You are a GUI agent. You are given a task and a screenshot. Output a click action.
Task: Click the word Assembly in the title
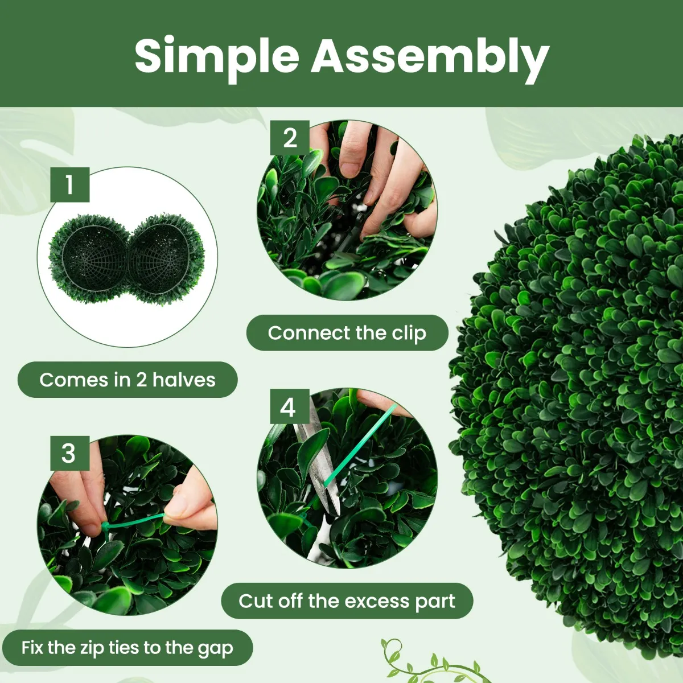coord(430,59)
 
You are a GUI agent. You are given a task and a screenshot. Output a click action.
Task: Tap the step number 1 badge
coord(69,184)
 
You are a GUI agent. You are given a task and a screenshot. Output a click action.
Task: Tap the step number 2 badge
coord(290,138)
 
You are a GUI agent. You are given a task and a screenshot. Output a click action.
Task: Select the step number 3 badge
coord(69,453)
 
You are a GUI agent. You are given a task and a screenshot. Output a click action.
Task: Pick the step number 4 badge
coord(290,406)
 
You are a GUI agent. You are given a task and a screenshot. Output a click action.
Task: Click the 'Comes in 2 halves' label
coord(127,380)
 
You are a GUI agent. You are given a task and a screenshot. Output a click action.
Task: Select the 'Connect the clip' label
coord(347,333)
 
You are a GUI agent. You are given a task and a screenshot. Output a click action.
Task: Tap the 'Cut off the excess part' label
coord(347,601)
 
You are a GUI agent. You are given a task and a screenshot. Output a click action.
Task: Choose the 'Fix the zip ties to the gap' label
coord(127,648)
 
